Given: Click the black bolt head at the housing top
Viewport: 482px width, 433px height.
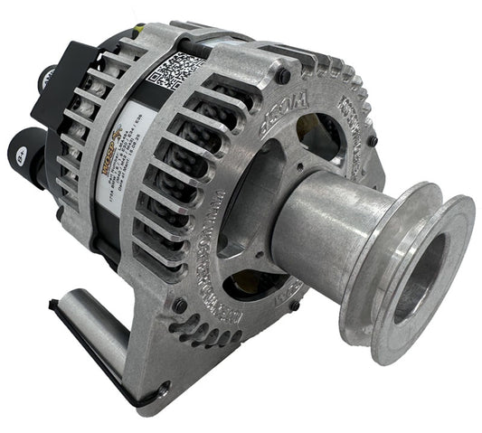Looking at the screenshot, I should pyautogui.click(x=284, y=77).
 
